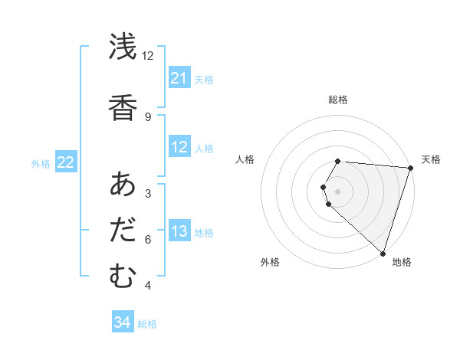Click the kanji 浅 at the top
tap(123, 47)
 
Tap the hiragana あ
tap(123, 185)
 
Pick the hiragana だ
tap(123, 231)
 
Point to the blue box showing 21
tap(179, 78)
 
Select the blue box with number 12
tap(179, 147)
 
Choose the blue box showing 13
tap(179, 232)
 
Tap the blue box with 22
tap(66, 162)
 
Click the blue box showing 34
tap(122, 323)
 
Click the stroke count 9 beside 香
tap(148, 116)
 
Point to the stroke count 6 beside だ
tap(148, 240)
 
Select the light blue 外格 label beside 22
tap(41, 163)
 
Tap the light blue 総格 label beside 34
tap(147, 324)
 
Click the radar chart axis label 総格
tap(337, 100)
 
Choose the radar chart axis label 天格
tap(431, 159)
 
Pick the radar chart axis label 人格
tap(245, 159)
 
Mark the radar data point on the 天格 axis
tap(410, 167)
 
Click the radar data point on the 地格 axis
tap(383, 254)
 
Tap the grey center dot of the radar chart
tap(337, 191)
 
